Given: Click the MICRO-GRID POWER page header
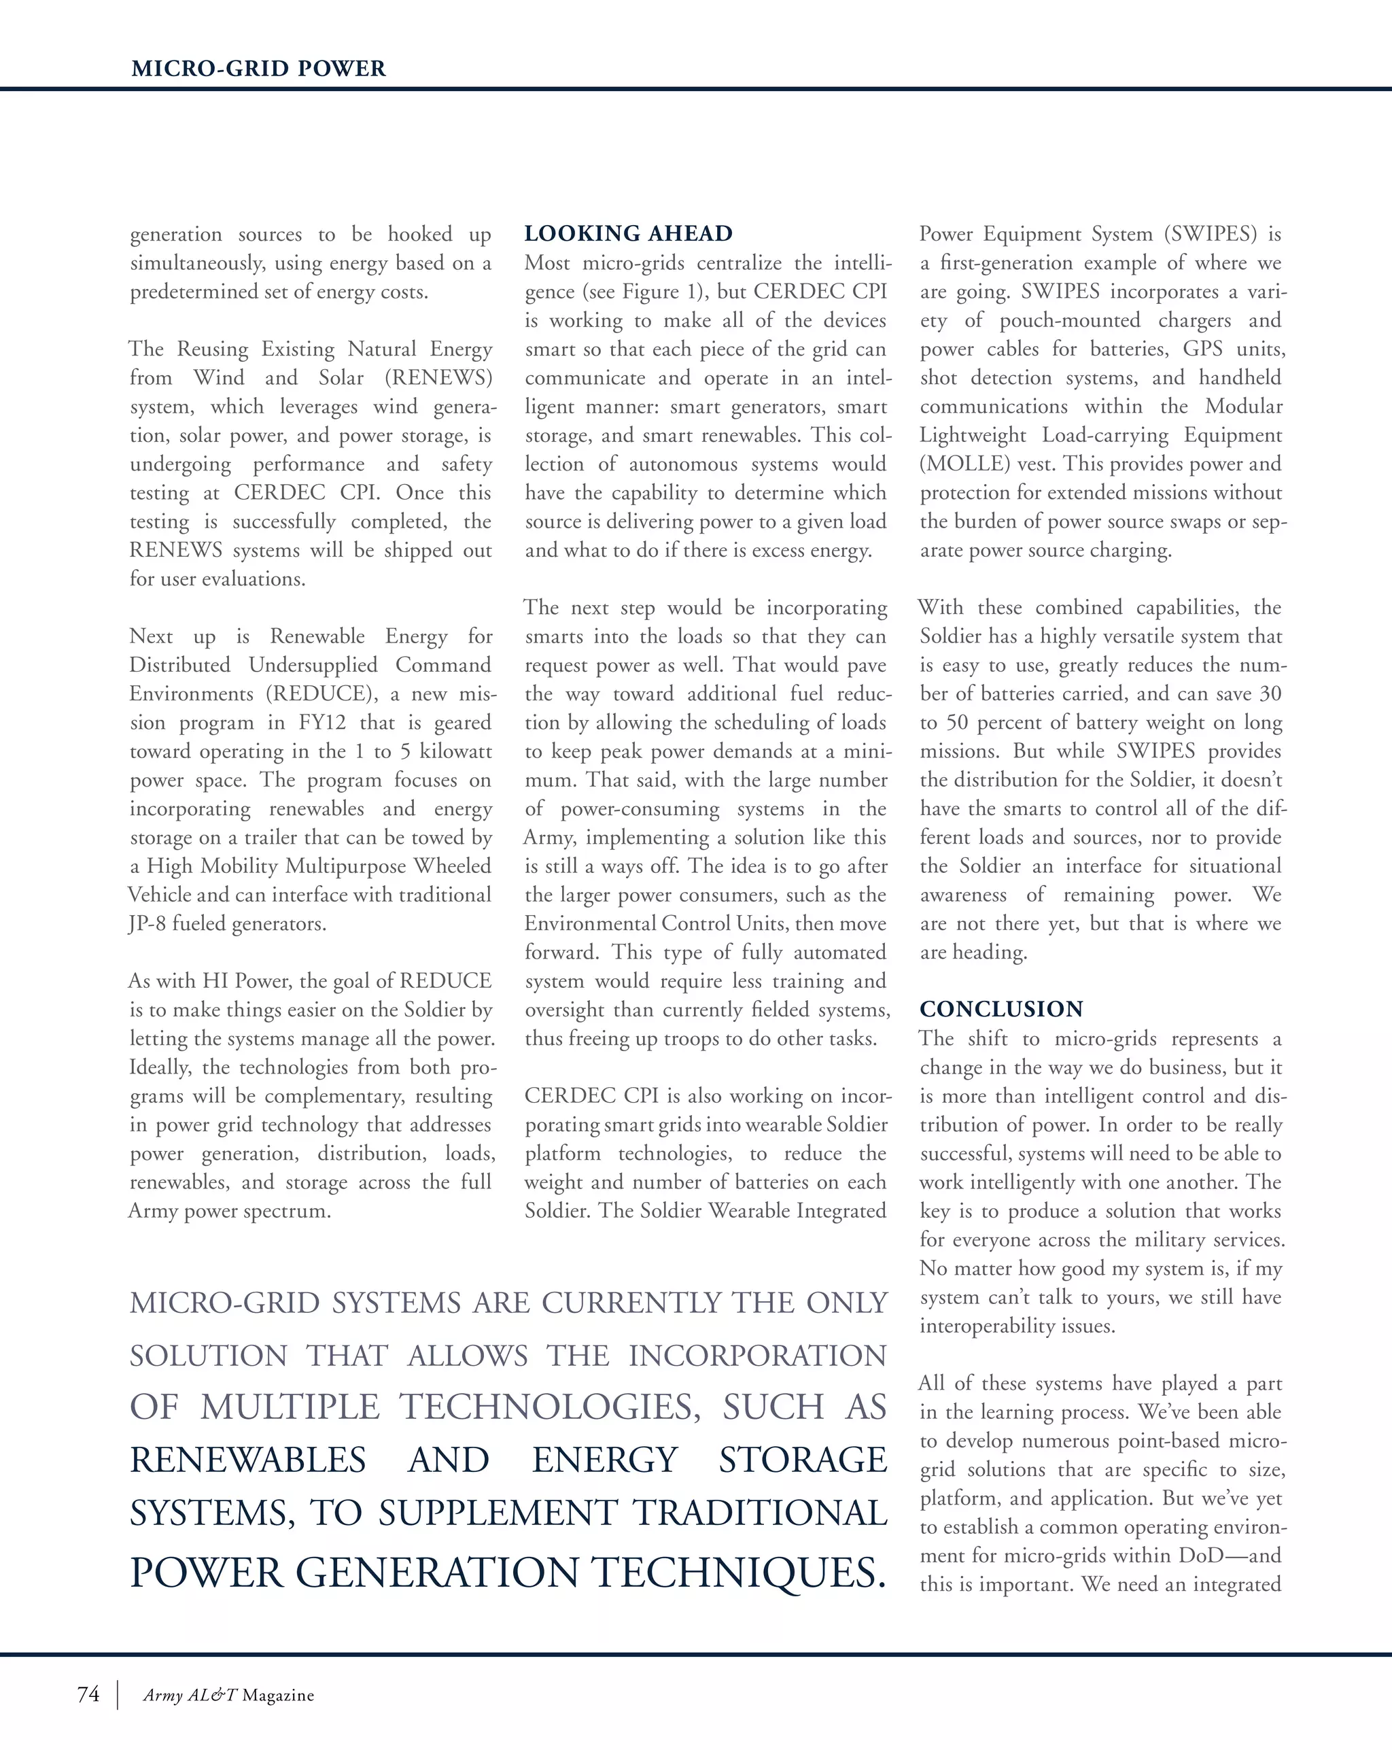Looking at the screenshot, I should (258, 68).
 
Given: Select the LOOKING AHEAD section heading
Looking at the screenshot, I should (628, 234).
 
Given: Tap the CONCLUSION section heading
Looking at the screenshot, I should (1000, 1009).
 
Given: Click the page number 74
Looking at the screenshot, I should (88, 1694).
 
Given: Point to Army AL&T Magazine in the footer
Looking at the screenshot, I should (228, 1696).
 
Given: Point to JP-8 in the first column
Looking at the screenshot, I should (147, 924).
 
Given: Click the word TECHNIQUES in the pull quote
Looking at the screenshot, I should (737, 1573).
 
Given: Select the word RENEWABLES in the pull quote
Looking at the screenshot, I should (247, 1460).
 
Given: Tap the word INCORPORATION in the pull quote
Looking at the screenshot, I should (757, 1356).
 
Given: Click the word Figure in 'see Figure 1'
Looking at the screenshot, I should (652, 292).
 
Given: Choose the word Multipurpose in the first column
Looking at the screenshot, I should (346, 866).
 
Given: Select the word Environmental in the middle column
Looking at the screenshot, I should (589, 924).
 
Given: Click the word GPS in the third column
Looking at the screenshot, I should (1202, 349).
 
